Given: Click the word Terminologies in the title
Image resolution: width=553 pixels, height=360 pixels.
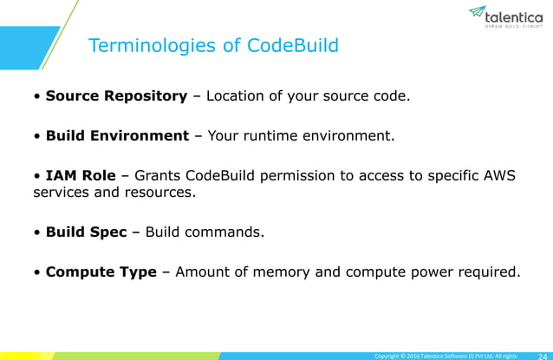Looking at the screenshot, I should tap(153, 46).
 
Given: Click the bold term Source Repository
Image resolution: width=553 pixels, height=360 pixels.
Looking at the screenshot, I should tap(116, 95).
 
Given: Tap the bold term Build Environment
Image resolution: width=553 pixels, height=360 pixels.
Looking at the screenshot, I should tap(117, 136).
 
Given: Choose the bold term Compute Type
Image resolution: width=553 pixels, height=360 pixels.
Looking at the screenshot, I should tap(101, 272).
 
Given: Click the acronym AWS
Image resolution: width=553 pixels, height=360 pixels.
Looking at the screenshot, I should tap(497, 176).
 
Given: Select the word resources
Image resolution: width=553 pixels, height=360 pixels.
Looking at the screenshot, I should tap(166, 193).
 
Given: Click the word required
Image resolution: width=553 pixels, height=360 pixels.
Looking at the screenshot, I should tap(491, 272).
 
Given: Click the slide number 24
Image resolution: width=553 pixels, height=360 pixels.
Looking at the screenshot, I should tap(540, 355).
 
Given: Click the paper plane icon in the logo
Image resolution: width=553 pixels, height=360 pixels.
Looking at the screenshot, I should tap(477, 12).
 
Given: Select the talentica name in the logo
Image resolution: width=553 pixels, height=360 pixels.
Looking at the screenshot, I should tap(515, 16).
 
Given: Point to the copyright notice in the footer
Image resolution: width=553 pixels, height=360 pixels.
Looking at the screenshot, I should tap(444, 355).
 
